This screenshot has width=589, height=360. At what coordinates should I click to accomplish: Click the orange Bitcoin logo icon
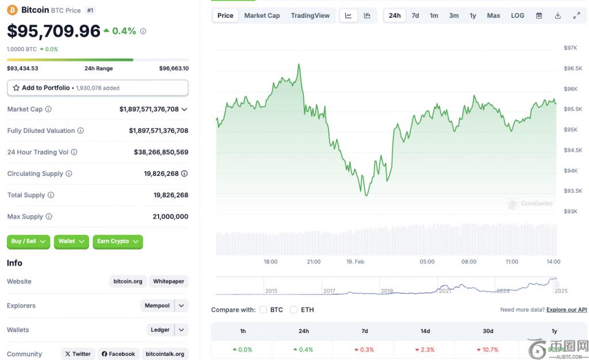click(12, 10)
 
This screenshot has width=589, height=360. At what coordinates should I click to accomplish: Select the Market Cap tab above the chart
click(262, 16)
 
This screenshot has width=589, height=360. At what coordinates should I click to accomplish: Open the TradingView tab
click(310, 16)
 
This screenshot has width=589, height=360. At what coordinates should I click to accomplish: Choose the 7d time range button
click(415, 16)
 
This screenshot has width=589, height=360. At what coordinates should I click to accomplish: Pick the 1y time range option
click(473, 16)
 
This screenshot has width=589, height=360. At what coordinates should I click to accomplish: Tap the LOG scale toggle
click(517, 16)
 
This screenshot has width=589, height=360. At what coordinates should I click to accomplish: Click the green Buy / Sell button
click(28, 242)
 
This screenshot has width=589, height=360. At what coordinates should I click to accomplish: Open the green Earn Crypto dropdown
click(117, 242)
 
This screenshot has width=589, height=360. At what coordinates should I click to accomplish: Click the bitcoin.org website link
click(128, 282)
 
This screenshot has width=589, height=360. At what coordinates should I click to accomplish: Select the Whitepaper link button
click(169, 282)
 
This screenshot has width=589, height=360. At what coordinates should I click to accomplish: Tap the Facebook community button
click(118, 354)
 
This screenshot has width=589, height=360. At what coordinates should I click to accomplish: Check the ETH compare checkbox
click(293, 310)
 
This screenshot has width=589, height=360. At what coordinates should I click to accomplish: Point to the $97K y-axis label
click(570, 48)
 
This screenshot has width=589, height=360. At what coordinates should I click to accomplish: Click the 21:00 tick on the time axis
click(313, 262)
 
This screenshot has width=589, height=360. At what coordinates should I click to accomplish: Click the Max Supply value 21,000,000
click(171, 217)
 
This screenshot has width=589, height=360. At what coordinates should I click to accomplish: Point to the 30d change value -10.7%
click(487, 350)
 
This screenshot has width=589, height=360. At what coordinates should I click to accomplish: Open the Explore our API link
click(567, 310)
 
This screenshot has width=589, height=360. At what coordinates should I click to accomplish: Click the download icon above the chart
click(557, 16)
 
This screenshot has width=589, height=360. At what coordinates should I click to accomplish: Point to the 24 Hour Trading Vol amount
click(161, 152)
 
